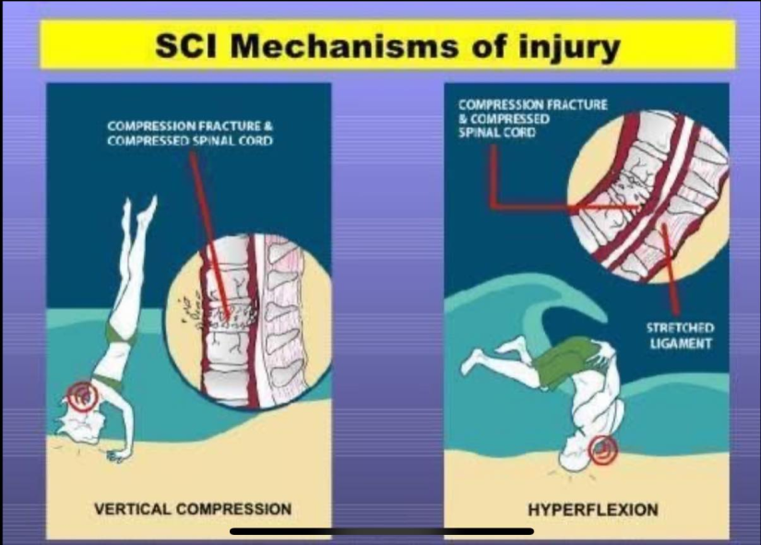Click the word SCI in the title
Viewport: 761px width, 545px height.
[x=186, y=46]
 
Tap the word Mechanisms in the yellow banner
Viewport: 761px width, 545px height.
[x=344, y=46]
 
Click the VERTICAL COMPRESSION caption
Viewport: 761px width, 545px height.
[x=193, y=509]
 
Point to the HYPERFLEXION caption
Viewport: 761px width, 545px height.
[x=593, y=510]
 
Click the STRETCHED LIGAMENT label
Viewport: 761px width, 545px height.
[x=681, y=336]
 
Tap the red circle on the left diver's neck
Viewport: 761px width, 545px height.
[x=82, y=396]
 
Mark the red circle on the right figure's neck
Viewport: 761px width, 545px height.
[x=602, y=450]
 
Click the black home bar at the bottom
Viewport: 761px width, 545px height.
[x=382, y=531]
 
